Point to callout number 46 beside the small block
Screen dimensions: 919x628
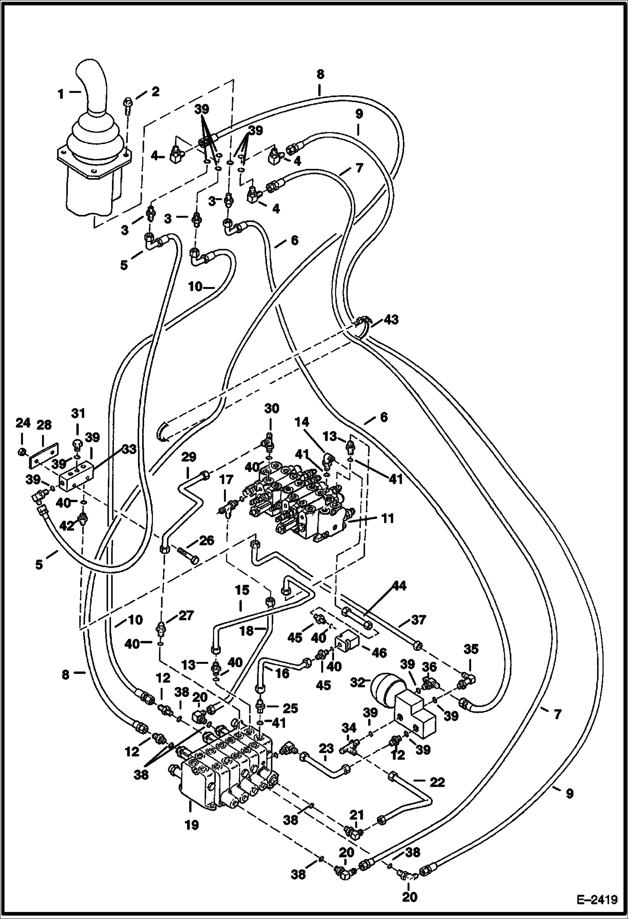[x=379, y=652]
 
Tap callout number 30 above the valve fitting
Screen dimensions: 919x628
[x=272, y=408]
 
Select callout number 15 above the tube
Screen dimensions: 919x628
[x=242, y=591]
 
